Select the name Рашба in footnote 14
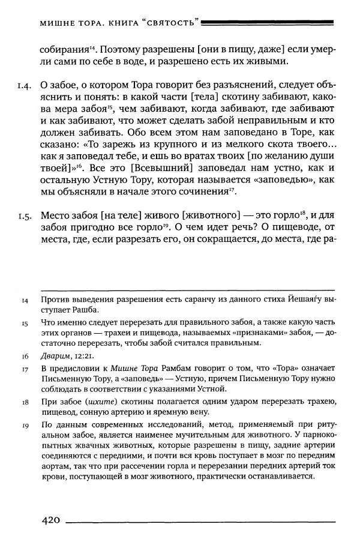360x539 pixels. (84, 310)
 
